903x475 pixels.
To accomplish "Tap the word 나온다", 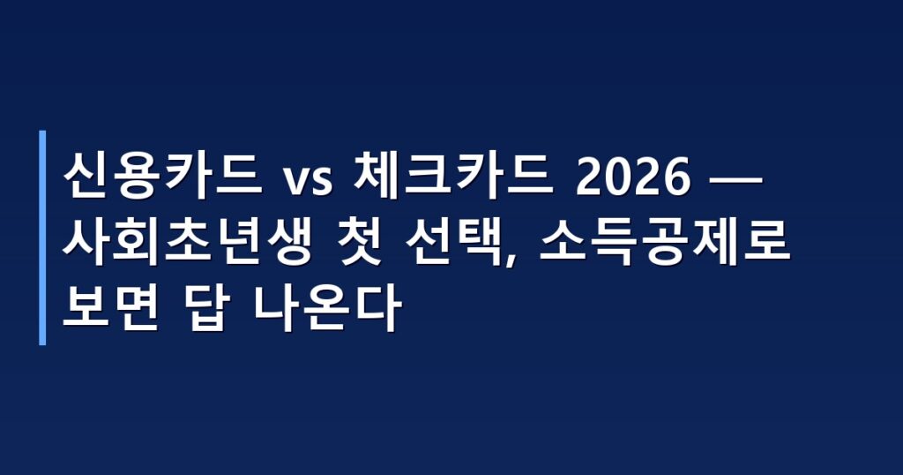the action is point(326,310).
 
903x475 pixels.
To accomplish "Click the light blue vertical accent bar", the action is point(42,237).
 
